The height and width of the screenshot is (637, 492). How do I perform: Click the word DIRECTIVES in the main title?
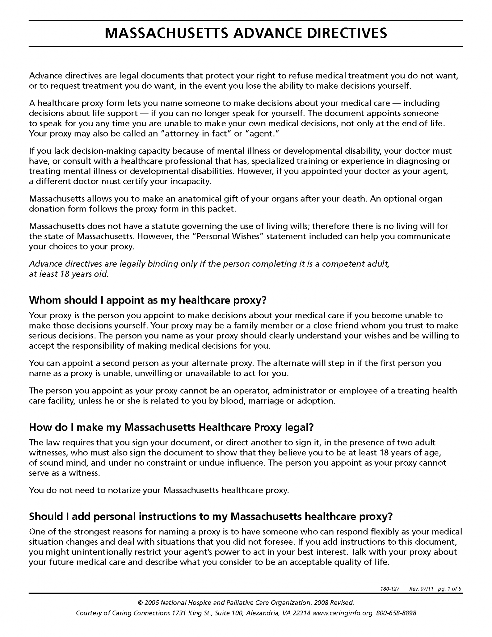(347, 33)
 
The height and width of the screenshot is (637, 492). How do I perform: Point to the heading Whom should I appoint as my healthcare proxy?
(148, 300)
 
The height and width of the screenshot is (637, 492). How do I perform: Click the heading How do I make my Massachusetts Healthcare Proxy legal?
(171, 427)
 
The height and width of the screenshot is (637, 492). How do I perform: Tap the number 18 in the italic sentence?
(64, 274)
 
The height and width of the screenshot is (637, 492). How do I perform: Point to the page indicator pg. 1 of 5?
(449, 589)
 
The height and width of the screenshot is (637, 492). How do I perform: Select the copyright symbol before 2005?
(140, 603)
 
